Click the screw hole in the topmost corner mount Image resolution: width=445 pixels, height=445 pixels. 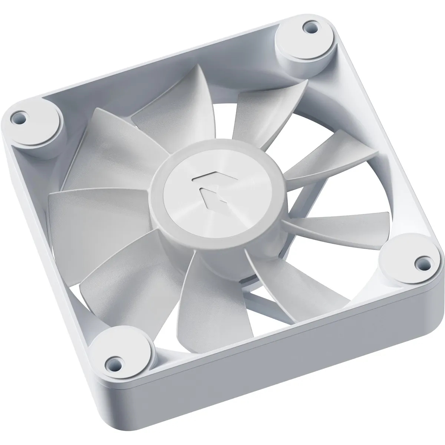pyautogui.click(x=307, y=27)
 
